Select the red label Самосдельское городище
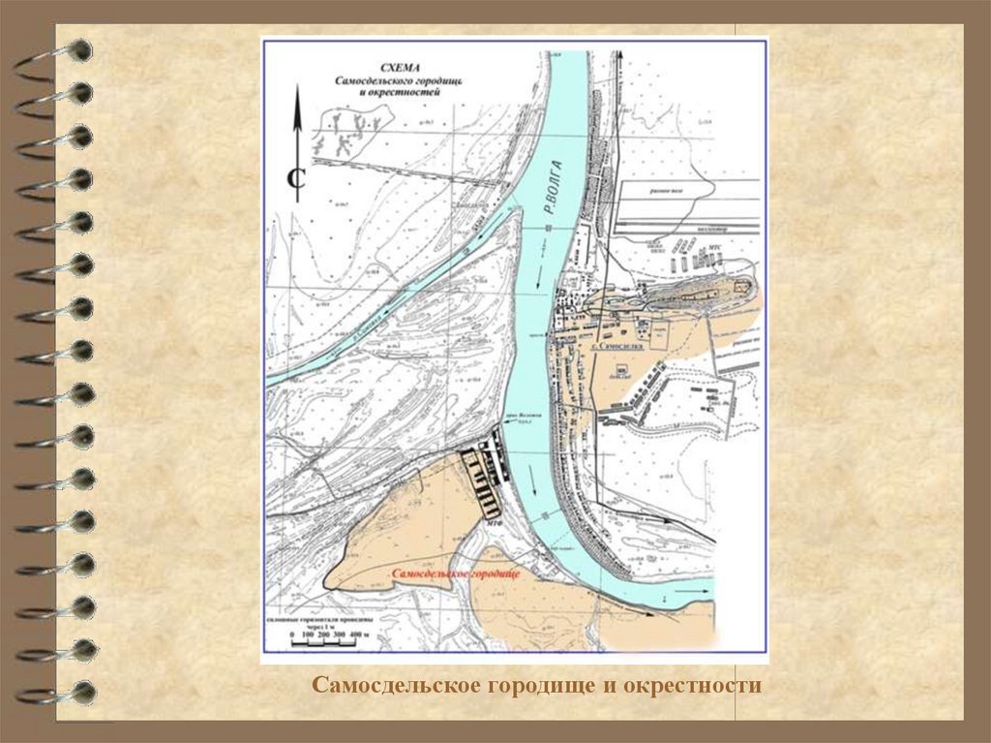pyautogui.click(x=457, y=574)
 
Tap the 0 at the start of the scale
pyautogui.click(x=293, y=635)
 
